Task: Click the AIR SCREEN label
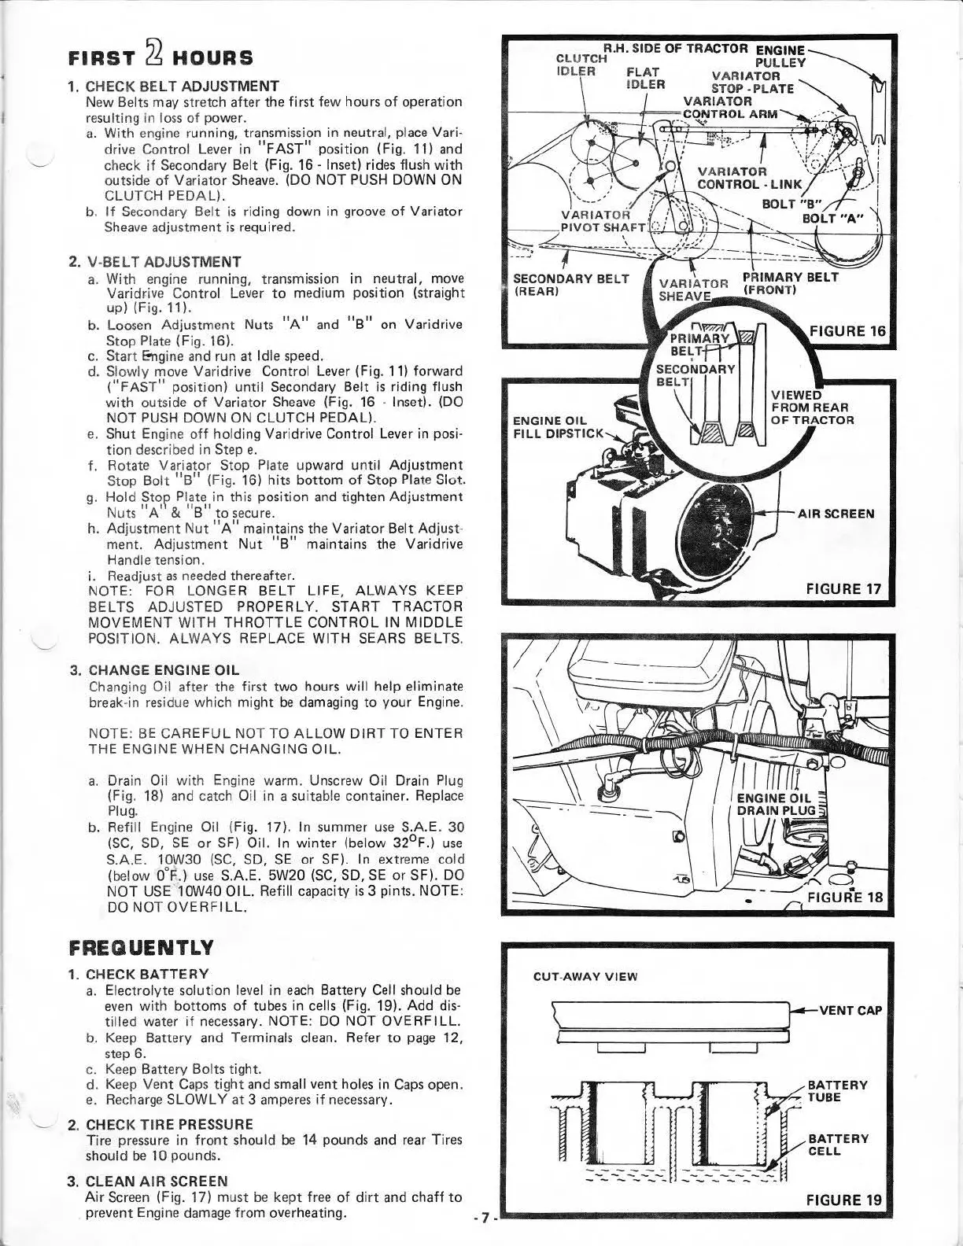(x=836, y=514)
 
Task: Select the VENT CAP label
(x=850, y=1011)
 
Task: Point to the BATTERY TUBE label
(x=838, y=1091)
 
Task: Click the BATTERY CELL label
(x=838, y=1145)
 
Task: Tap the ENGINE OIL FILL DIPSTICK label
(x=557, y=426)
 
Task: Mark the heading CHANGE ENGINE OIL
(x=163, y=671)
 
